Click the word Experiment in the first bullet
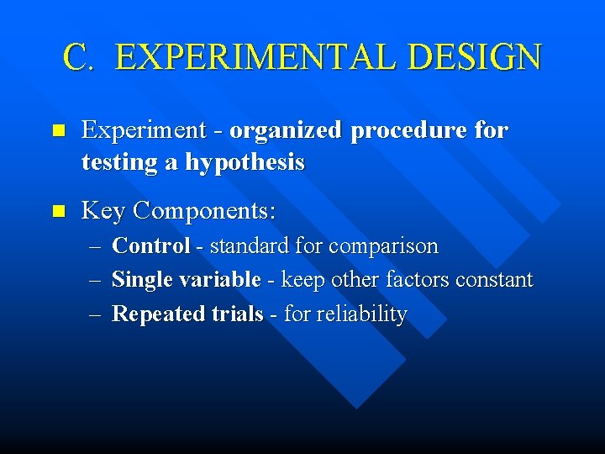tap(144, 131)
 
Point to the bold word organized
tap(286, 131)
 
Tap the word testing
tap(121, 162)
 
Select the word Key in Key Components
tap(103, 210)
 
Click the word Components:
tap(205, 210)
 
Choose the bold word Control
tap(150, 246)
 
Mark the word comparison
tap(384, 246)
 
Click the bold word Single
tap(140, 280)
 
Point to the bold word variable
tap(220, 280)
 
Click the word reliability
tap(361, 314)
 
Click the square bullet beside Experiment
tap(57, 131)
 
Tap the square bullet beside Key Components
tap(57, 211)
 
